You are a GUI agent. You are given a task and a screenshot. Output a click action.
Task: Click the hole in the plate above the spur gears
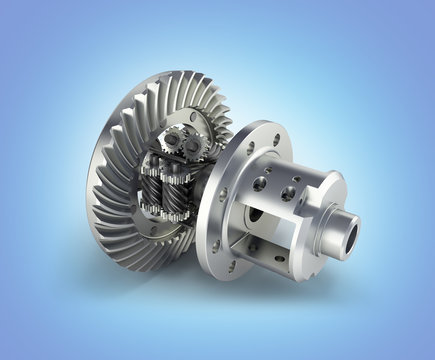(194, 118)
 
